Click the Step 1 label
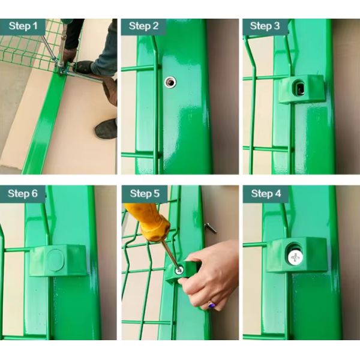point(23,26)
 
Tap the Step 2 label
point(144,26)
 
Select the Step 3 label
point(265,26)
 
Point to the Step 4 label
point(266,193)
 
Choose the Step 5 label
point(145,193)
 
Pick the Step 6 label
point(23,193)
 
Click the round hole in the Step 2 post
point(170,82)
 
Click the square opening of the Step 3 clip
point(299,89)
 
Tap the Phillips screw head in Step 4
point(295,257)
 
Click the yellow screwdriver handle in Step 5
point(149,221)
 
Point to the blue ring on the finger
point(211,305)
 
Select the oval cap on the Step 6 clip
point(55,260)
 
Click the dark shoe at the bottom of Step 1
point(106,128)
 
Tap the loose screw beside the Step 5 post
point(211,227)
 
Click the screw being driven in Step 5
point(179,270)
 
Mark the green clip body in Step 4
point(296,255)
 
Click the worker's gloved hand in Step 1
point(70,56)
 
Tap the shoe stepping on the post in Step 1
point(84,67)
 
